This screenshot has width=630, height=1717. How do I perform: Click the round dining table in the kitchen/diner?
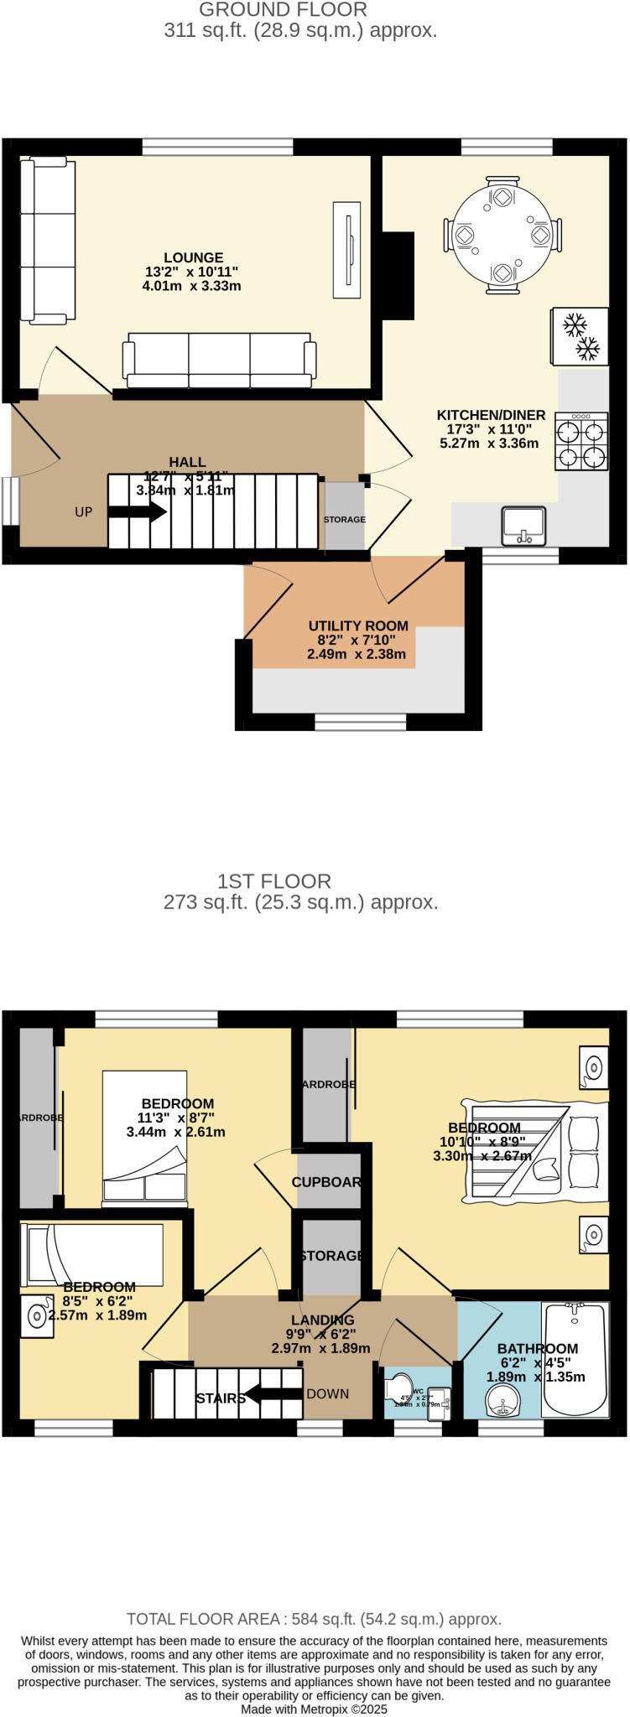coord(502,236)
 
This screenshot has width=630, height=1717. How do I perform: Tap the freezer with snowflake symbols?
coord(579,337)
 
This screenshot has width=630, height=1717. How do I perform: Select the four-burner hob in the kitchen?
coord(581,443)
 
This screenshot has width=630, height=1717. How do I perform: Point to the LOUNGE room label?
coord(193,258)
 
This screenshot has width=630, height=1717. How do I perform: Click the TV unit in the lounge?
coord(346,249)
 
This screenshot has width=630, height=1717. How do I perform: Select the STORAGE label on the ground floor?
coord(345,520)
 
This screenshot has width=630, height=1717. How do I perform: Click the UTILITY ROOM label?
coord(358,626)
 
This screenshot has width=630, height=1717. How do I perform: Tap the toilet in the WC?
coord(401,1387)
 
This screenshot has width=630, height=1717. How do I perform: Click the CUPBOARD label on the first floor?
coord(327,1182)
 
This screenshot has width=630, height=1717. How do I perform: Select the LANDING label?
coord(322,1320)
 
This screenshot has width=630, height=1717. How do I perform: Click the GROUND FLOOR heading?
coord(283,10)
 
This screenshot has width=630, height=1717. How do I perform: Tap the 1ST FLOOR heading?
coord(274,881)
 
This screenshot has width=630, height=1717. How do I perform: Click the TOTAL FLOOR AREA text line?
coord(314,1619)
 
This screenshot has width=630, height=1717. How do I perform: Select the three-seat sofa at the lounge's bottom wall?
coord(220,361)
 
